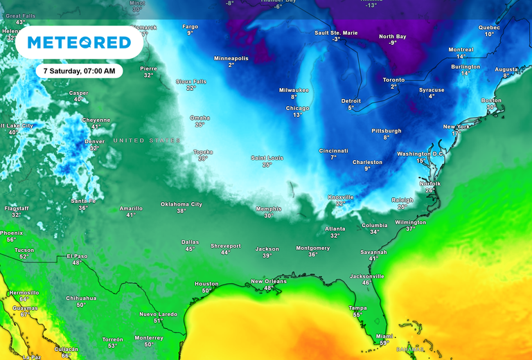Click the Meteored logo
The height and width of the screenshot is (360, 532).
point(80,43)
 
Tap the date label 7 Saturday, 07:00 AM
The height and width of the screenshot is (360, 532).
point(79,71)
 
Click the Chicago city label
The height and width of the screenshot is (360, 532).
point(297,108)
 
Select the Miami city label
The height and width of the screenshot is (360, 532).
point(384,335)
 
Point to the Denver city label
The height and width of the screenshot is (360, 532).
point(94,141)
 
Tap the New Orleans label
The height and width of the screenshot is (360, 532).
point(268,281)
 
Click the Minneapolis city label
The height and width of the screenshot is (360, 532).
point(231,58)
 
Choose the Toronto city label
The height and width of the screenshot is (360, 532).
point(393,80)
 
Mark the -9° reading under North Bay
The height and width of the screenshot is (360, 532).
point(392,43)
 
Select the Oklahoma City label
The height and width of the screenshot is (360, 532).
point(181,204)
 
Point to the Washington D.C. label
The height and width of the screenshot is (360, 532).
point(420,154)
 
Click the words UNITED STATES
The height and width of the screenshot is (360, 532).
point(147,141)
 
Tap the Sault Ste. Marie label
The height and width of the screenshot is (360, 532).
point(336,33)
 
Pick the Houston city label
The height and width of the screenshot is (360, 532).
point(206,284)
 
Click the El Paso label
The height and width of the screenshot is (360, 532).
point(77,256)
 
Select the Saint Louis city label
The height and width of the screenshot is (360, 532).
point(267,158)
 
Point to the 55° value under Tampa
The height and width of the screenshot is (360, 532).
point(357,315)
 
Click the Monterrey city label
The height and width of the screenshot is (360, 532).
point(149,337)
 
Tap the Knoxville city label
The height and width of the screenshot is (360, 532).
point(340,197)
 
